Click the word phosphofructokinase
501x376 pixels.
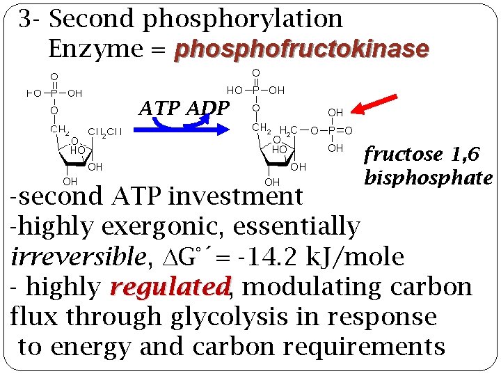click(302, 49)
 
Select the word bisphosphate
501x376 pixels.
click(428, 178)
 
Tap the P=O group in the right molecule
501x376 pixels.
click(339, 130)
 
